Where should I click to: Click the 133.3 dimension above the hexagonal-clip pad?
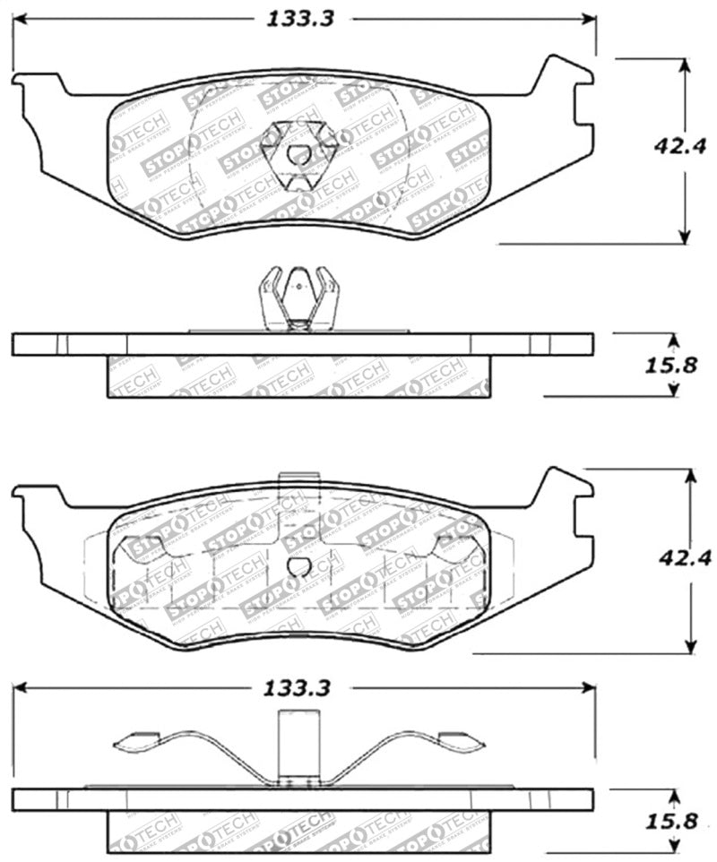pos(299,18)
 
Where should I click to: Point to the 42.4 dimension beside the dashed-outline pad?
pos(684,560)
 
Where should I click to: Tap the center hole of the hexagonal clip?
pos(298,154)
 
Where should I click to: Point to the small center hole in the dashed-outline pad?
pos(299,566)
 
